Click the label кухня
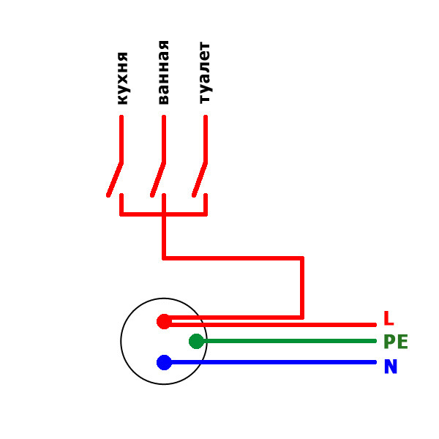coord(123,78)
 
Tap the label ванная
coord(164,72)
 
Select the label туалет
coord(205,73)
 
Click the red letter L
coord(389,318)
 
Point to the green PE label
coord(396,341)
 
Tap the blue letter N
coord(391,367)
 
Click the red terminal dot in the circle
coord(164,321)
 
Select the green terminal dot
coord(196,341)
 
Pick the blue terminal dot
coord(164,362)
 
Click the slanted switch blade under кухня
coord(115,179)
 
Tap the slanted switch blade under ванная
coord(158,179)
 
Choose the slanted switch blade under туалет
coord(200,179)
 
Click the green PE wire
coord(286,341)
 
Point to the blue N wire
coord(270,362)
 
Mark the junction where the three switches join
coord(164,214)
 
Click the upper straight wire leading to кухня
coord(121,138)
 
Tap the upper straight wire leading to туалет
coord(206,138)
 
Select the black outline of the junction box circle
coord(121,341)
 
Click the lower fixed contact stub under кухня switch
coord(121,204)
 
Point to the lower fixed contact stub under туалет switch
coord(206,204)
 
